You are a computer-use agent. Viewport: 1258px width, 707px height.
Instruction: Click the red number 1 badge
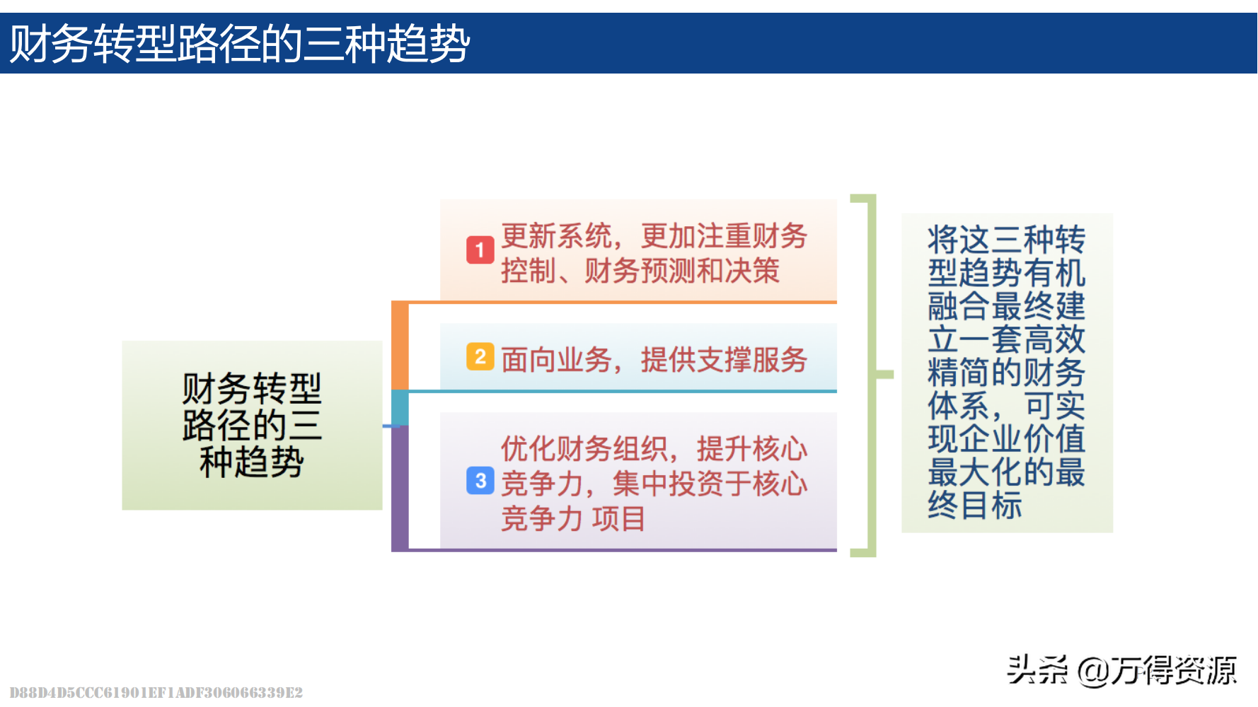(480, 250)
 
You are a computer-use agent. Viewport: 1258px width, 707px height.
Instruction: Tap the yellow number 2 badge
(480, 356)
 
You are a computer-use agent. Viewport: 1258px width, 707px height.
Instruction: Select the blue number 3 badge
(480, 481)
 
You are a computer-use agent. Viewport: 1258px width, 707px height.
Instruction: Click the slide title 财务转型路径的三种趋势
(240, 44)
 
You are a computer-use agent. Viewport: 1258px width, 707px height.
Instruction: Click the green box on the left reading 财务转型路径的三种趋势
(252, 425)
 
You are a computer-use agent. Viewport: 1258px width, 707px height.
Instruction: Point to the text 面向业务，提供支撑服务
(654, 360)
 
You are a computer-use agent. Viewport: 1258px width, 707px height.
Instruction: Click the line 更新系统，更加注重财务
(654, 236)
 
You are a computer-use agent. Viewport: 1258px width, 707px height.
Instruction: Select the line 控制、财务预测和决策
(640, 271)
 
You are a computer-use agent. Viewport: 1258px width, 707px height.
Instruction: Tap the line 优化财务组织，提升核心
(654, 449)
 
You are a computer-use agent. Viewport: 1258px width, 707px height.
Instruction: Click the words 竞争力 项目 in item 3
(573, 519)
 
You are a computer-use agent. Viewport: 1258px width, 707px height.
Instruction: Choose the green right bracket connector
(870, 375)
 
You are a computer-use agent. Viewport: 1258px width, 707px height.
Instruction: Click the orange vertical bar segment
(400, 346)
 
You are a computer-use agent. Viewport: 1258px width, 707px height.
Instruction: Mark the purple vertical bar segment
(400, 488)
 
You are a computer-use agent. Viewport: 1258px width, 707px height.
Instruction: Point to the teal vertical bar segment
(400, 408)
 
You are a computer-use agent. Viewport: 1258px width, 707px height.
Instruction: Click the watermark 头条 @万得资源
(1122, 670)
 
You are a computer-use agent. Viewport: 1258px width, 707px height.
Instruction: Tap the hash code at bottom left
(156, 692)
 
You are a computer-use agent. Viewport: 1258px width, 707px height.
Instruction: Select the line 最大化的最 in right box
(1006, 472)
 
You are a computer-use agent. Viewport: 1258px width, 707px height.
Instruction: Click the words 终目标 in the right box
(975, 506)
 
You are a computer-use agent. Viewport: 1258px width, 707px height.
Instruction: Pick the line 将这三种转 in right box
(1006, 240)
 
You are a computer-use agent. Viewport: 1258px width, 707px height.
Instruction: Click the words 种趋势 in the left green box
(252, 462)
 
